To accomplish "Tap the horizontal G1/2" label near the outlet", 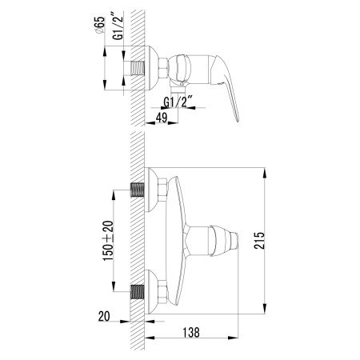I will pos(177,102).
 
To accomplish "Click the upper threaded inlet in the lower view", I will pos(138,191).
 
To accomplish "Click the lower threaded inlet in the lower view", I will pos(138,289).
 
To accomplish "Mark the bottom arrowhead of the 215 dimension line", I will pos(265,310).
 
